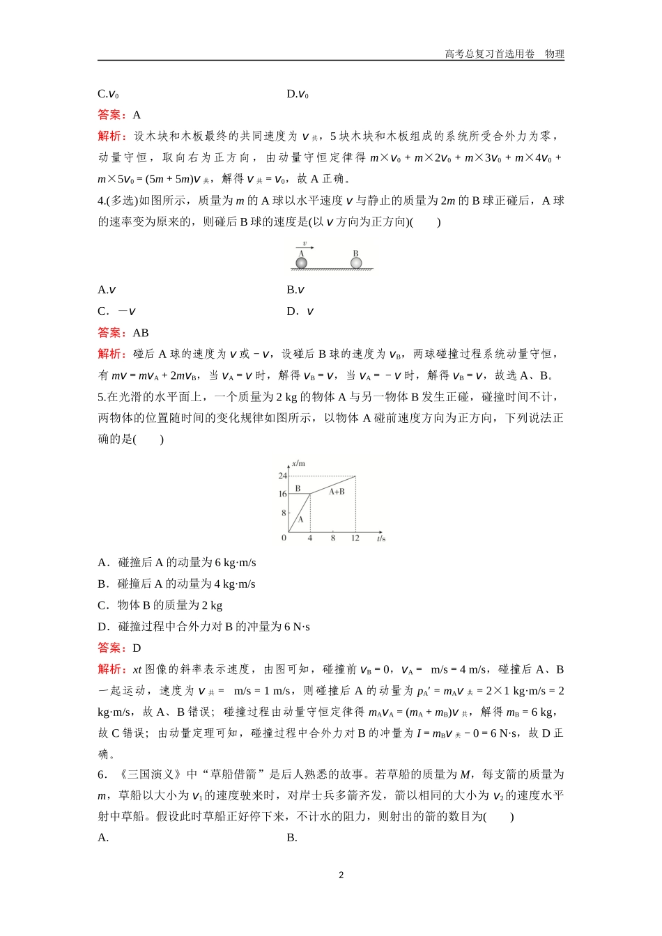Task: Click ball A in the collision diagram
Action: click(302, 263)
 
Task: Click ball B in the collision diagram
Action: click(356, 263)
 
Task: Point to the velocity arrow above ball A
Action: click(305, 247)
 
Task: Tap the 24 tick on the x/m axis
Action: click(283, 476)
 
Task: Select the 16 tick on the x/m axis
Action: click(283, 494)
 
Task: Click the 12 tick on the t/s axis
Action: click(355, 538)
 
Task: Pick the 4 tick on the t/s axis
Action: click(310, 538)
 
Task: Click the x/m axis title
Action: click(298, 463)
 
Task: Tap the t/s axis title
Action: click(380, 538)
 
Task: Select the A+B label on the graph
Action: click(337, 492)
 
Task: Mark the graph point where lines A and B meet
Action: click(310, 494)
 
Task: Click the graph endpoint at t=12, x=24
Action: click(355, 477)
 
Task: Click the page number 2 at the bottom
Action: click(341, 875)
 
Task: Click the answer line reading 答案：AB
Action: click(123, 333)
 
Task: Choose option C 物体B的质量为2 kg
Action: click(160, 605)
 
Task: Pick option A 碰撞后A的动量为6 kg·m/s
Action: click(177, 563)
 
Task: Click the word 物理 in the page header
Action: click(555, 54)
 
